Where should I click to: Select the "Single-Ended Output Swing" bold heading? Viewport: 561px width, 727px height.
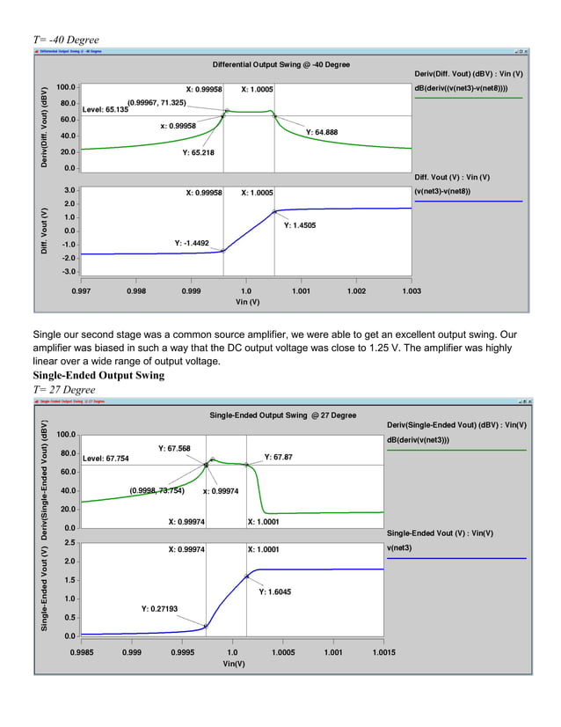tap(98, 376)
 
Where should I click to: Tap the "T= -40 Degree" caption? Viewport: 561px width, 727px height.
tap(66, 40)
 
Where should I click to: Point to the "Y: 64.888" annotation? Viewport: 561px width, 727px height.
tap(322, 132)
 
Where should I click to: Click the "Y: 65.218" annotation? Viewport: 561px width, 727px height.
tap(198, 152)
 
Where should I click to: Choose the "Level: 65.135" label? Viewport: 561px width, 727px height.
tap(106, 110)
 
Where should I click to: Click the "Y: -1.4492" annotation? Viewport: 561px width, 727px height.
tap(192, 242)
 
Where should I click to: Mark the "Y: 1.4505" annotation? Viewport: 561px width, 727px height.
tap(300, 225)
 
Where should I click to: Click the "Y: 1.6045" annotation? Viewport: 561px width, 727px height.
tap(274, 591)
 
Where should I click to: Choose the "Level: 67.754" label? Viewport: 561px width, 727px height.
tap(106, 459)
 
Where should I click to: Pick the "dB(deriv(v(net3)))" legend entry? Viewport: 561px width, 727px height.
tap(425, 440)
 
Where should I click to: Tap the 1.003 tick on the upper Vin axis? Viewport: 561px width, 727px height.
tap(411, 290)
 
